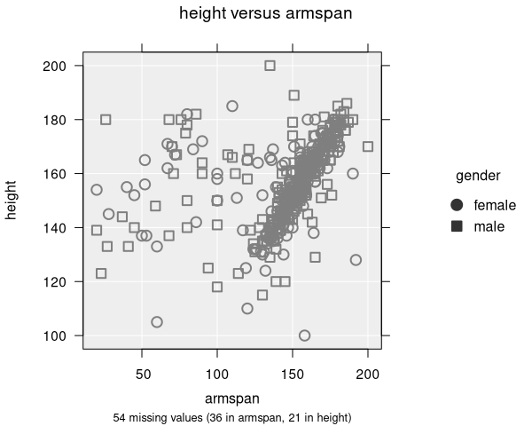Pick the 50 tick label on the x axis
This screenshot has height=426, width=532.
pyautogui.click(x=143, y=374)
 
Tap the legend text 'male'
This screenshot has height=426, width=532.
pyautogui.click(x=489, y=226)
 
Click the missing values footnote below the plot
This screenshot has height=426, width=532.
pyautogui.click(x=232, y=416)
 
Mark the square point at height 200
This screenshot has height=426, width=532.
pyautogui.click(x=270, y=66)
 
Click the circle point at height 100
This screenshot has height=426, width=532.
pyautogui.click(x=305, y=335)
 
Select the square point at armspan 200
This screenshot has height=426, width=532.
pyautogui.click(x=368, y=146)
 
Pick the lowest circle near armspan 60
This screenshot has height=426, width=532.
pyautogui.click(x=157, y=322)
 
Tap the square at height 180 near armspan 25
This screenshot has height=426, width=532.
pyautogui.click(x=106, y=120)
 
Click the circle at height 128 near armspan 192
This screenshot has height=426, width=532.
pyautogui.click(x=356, y=260)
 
